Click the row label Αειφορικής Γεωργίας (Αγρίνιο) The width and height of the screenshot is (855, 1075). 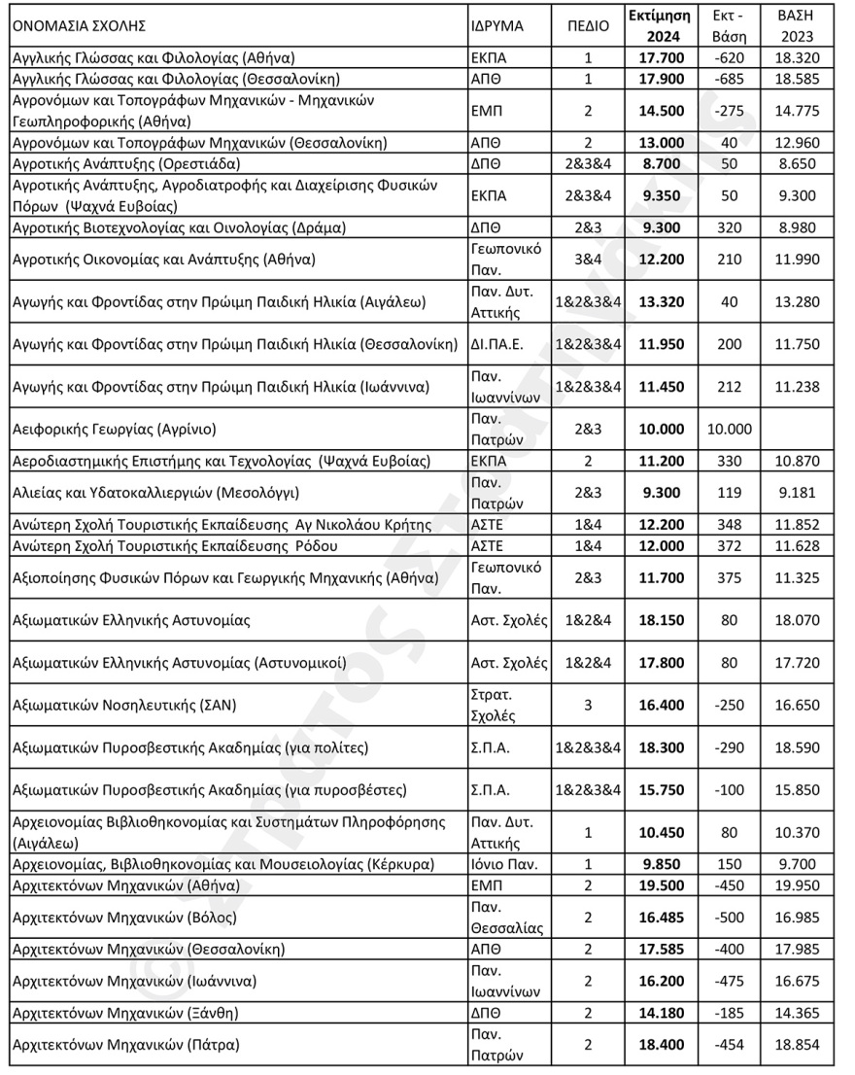coord(112,429)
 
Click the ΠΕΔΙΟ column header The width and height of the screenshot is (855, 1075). coord(588,26)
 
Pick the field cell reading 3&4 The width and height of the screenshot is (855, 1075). coord(588,260)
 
